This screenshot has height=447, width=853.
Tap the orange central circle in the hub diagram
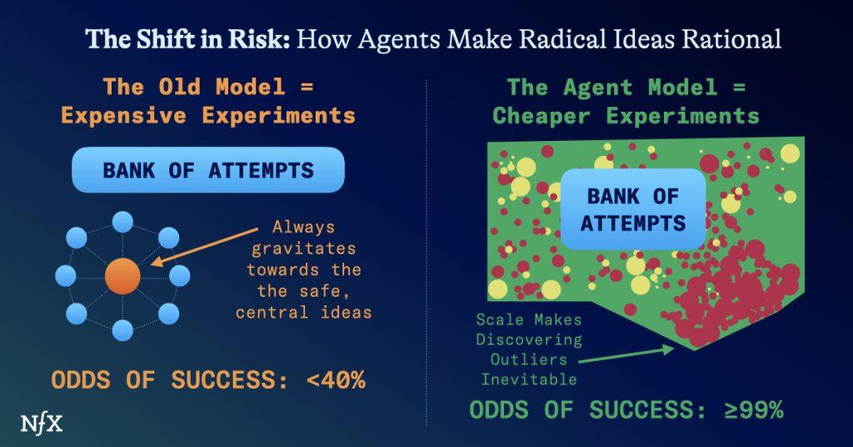point(122,276)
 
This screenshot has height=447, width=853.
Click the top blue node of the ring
point(122,223)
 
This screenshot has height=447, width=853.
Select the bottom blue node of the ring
point(122,330)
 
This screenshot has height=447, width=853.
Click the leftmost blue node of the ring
point(67,276)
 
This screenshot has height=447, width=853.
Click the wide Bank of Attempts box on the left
point(208,170)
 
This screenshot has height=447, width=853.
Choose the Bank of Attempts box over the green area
point(632,210)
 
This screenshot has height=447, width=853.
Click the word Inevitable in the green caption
point(529,379)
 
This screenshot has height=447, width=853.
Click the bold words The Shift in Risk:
point(187,39)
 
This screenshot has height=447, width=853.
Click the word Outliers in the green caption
point(529,359)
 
